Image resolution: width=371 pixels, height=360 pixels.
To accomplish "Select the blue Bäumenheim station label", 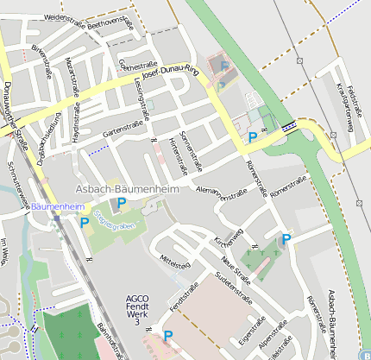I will coord(58,207).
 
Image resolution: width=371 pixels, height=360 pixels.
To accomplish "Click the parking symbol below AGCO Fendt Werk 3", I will coord(168,335).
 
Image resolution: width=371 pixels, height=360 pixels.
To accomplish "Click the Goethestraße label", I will coord(138,65).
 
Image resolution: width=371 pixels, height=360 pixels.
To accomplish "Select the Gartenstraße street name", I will coord(123,129).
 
